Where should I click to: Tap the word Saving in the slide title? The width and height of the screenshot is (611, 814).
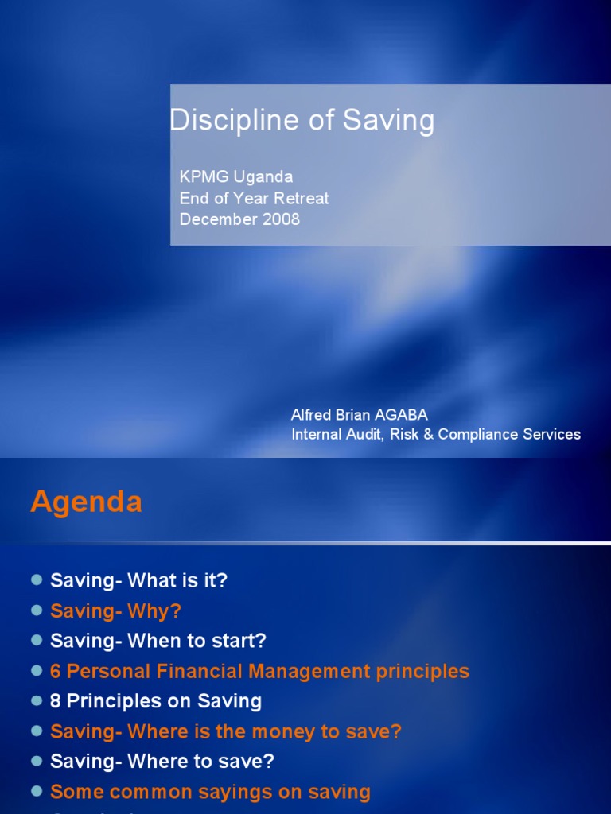point(389,122)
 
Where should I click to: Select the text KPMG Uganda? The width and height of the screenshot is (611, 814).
point(236,176)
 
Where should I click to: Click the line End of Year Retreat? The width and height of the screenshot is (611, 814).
point(254,198)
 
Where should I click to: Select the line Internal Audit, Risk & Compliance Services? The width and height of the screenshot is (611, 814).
point(436,434)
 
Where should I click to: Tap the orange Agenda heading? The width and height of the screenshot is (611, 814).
point(86,502)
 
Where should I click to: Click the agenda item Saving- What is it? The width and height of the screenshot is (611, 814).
point(138,581)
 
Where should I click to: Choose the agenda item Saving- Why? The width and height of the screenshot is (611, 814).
point(115,611)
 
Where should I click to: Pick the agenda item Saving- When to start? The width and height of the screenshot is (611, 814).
point(158,641)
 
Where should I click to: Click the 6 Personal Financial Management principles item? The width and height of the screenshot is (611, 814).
point(259,671)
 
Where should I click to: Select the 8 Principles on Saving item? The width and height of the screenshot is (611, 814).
point(156,701)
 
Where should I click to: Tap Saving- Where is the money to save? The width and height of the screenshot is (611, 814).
point(226,731)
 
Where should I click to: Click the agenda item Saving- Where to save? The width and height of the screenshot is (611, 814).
point(162,761)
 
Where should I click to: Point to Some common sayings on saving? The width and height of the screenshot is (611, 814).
point(210,792)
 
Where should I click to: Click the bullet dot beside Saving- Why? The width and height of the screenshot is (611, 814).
point(36,611)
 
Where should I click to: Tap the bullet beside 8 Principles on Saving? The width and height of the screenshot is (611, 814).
point(36,701)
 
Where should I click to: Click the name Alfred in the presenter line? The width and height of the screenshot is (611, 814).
point(312,415)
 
